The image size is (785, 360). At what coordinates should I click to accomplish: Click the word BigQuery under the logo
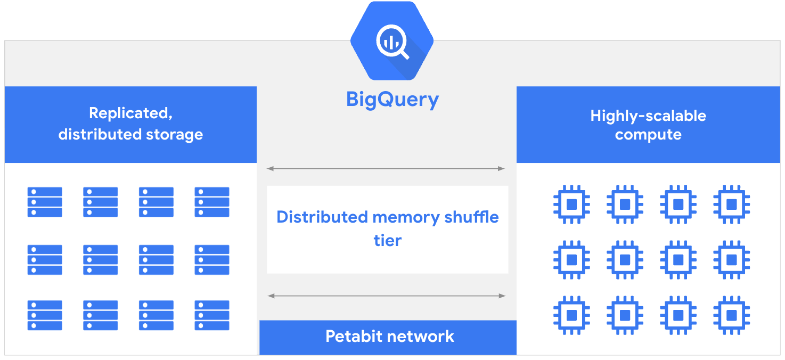(x=392, y=100)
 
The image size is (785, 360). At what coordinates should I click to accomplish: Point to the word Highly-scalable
(x=648, y=116)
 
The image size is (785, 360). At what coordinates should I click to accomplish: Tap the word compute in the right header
(x=648, y=134)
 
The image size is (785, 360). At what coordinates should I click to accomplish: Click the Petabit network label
(x=389, y=337)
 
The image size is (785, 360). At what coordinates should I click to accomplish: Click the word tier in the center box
(x=387, y=240)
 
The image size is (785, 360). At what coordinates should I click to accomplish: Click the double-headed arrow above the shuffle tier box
(x=386, y=169)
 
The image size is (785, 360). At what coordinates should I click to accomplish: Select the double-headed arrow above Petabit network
(x=386, y=296)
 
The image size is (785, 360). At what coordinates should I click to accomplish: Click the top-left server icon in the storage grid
(x=45, y=202)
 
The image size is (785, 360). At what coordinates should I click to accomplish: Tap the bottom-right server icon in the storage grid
(x=212, y=315)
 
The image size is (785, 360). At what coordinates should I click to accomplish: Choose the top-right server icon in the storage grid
(x=212, y=202)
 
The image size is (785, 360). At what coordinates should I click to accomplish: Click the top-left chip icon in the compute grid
(x=571, y=204)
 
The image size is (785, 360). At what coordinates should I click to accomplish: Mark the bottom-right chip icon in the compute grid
(x=732, y=315)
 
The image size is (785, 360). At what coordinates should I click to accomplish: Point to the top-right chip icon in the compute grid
(x=732, y=204)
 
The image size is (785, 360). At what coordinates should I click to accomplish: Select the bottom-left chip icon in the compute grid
(x=571, y=315)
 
